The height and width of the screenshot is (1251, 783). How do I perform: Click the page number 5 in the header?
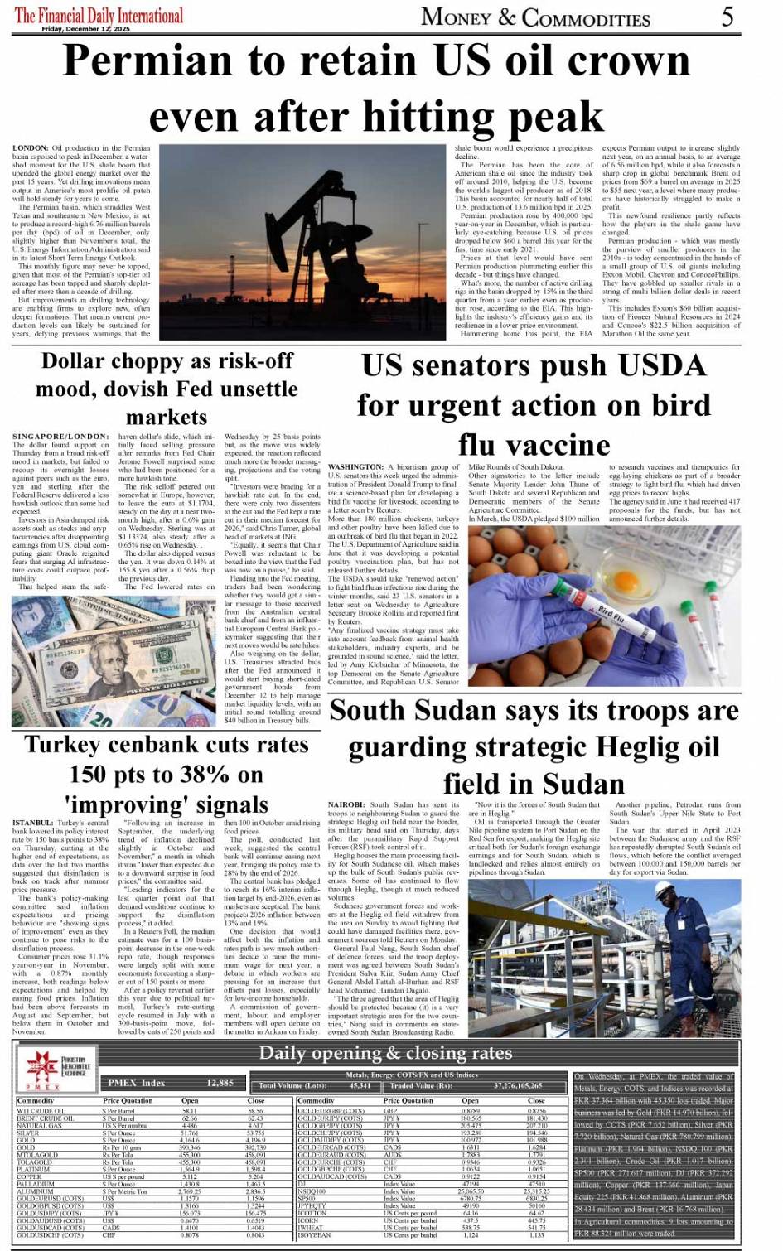coord(727,16)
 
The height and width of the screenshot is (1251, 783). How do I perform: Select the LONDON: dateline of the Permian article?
coord(31,148)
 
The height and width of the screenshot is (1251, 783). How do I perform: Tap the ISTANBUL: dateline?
coord(32,823)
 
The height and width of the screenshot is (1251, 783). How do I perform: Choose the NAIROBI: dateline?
coord(346,804)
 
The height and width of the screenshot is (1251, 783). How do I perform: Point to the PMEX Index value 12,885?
coord(220,1083)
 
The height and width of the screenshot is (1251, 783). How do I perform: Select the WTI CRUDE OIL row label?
coord(40,1111)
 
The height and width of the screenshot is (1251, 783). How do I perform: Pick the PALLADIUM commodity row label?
coord(36,1185)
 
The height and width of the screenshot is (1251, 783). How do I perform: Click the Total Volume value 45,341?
coord(360,1085)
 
